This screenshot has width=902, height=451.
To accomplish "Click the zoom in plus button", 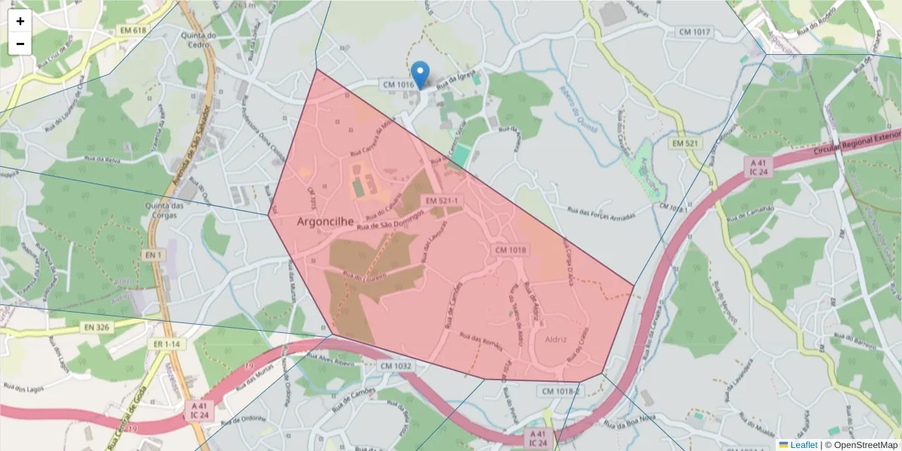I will (x=20, y=21).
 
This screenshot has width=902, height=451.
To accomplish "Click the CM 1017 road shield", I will (x=694, y=32).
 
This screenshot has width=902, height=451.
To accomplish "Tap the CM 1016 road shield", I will (x=398, y=85).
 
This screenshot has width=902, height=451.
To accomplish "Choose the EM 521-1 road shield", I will (x=441, y=201).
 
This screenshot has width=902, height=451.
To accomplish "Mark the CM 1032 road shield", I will (x=395, y=366).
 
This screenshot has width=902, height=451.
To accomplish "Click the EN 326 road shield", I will (x=97, y=327).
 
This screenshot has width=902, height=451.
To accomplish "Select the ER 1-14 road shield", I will (x=167, y=344).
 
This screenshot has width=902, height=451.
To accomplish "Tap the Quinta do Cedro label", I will (x=199, y=39).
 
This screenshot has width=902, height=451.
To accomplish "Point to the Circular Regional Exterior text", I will (x=856, y=145).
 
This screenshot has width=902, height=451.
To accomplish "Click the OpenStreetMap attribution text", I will (x=865, y=445).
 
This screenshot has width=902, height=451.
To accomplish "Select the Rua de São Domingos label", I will (x=390, y=219).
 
